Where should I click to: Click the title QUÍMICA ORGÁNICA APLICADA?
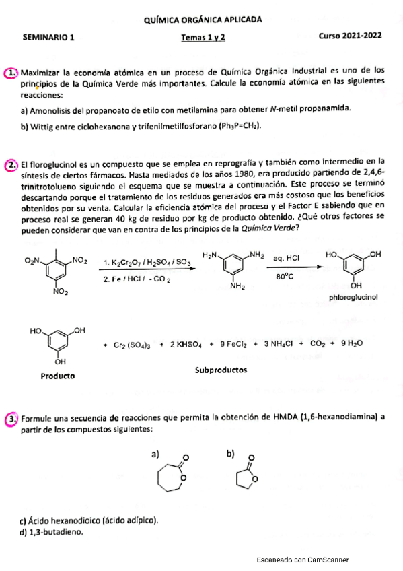pos(203,21)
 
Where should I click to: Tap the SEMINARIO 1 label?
pos(48,38)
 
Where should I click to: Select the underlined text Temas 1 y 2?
pos(203,38)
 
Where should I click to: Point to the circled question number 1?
pos(11,71)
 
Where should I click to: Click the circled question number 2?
pos(11,165)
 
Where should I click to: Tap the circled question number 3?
pos(11,419)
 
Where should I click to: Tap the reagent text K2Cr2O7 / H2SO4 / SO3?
pos(143,262)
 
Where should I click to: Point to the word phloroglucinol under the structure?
pos(353,296)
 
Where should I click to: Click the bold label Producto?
pos(57,375)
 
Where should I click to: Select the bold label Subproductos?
pos(221,370)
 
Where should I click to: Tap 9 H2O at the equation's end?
pos(351,343)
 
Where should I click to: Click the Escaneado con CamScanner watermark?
pos(302,559)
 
